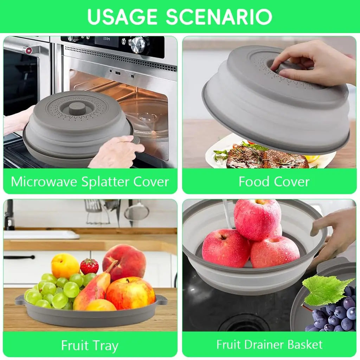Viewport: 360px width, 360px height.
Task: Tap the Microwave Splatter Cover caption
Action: [90, 182]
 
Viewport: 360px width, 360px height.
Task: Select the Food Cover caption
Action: [274, 182]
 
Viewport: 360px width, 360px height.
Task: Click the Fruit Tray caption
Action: [90, 345]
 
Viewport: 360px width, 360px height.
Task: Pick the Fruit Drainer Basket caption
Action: [269, 344]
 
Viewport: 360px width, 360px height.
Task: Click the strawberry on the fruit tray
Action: [89, 266]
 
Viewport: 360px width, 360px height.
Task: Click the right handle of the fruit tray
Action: [161, 300]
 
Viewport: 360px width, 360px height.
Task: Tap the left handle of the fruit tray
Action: [20, 300]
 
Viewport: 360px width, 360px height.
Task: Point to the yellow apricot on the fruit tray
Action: [65, 265]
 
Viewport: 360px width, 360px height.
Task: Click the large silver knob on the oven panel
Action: [138, 45]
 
